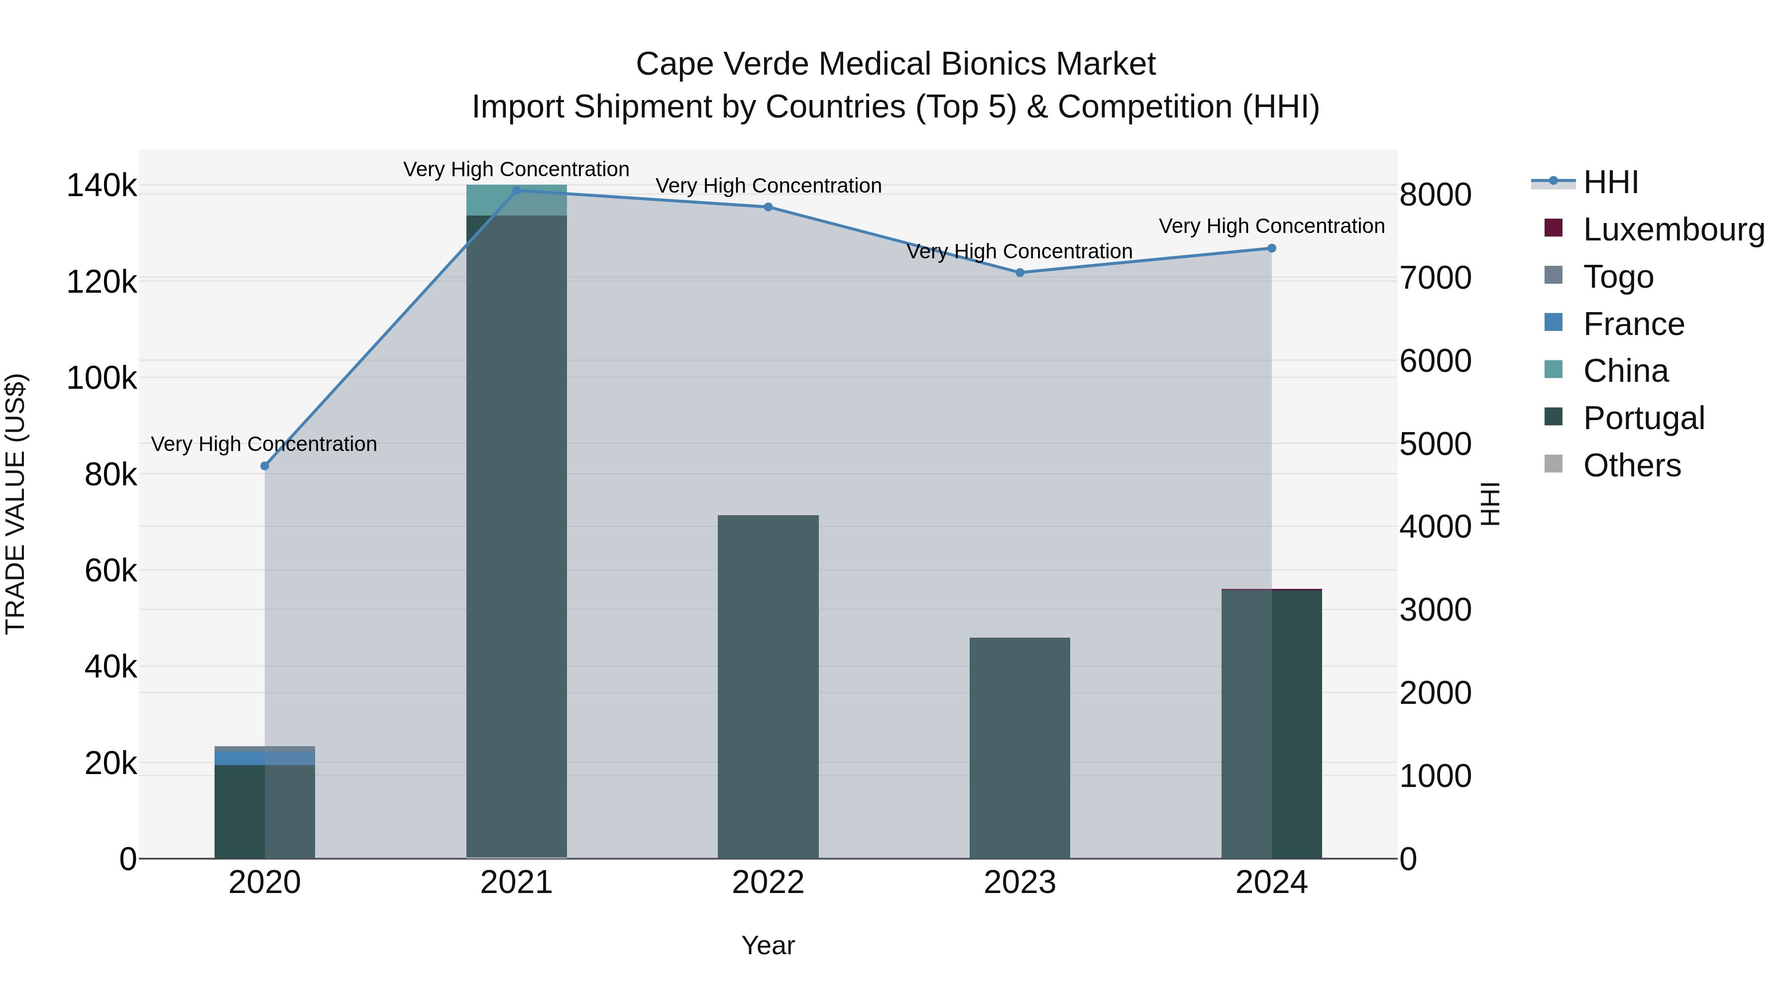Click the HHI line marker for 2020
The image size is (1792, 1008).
[x=264, y=466]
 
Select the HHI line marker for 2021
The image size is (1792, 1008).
[x=516, y=190]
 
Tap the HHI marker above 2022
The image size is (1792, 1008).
[x=768, y=207]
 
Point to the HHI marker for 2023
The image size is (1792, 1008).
[x=1020, y=273]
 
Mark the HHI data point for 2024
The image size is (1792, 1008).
[x=1272, y=248]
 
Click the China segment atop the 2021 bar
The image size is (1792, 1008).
[x=516, y=200]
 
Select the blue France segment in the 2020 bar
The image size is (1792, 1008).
[x=264, y=757]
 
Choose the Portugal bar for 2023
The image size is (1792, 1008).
[x=1020, y=747]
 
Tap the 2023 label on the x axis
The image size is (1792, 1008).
[x=1020, y=883]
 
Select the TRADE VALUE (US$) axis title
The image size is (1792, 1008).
[x=15, y=504]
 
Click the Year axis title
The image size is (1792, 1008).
[x=768, y=945]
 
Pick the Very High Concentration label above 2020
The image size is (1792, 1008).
[x=264, y=444]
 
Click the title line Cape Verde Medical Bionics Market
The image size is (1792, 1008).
[x=896, y=64]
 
